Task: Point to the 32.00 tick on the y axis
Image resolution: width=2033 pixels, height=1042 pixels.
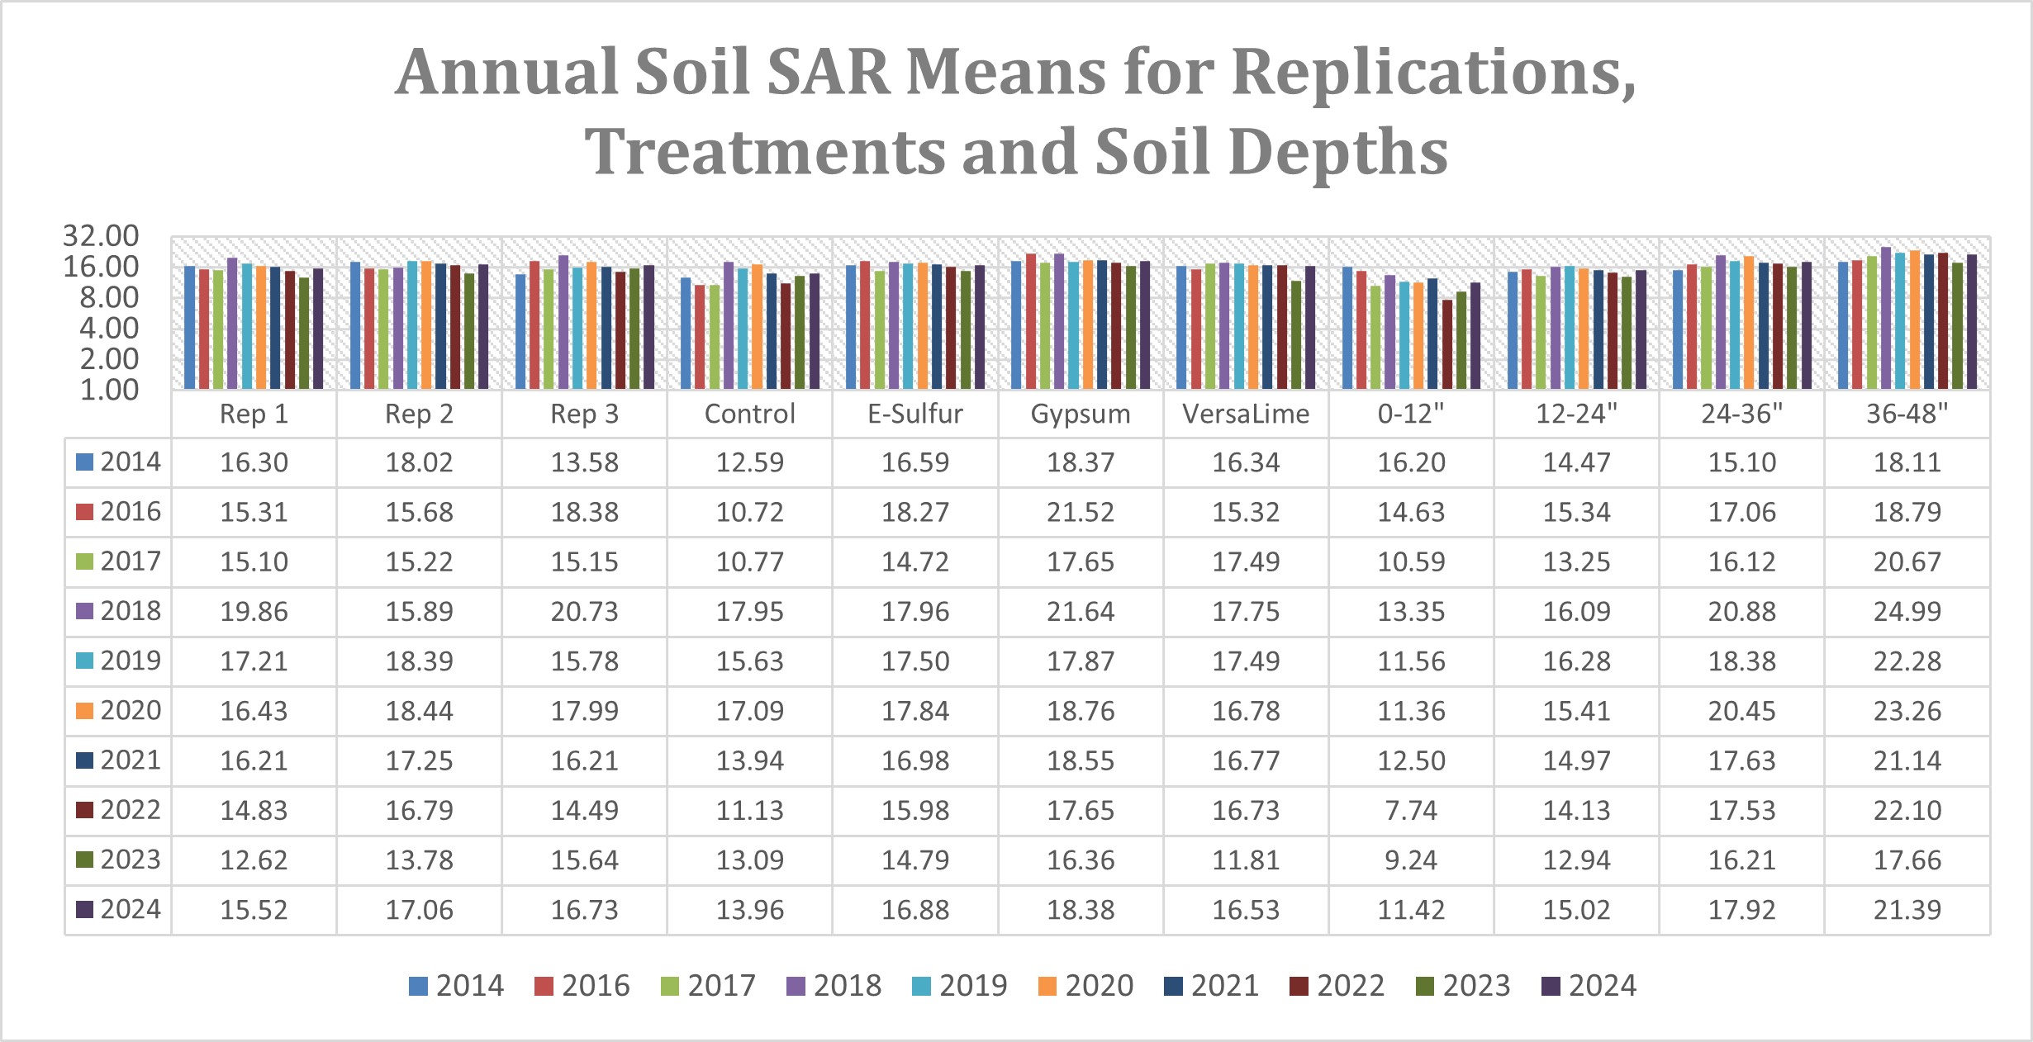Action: click(x=101, y=236)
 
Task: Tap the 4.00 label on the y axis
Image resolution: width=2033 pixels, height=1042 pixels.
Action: click(x=109, y=329)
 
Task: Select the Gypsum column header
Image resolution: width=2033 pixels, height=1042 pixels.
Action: click(x=1081, y=414)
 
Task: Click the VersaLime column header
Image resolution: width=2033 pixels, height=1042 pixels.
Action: click(x=1246, y=414)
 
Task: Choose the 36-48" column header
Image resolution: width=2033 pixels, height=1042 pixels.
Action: click(x=1907, y=414)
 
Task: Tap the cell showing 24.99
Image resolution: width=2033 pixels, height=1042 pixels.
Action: click(x=1907, y=612)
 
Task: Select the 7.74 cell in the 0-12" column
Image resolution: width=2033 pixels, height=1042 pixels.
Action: click(x=1411, y=811)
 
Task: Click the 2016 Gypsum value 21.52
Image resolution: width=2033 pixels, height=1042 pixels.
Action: click(x=1081, y=513)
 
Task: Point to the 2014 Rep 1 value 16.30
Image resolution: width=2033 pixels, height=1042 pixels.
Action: click(x=254, y=462)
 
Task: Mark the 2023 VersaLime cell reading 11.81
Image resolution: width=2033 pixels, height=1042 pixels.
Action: click(x=1246, y=860)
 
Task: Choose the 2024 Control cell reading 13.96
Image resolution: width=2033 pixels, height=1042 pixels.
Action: click(x=750, y=910)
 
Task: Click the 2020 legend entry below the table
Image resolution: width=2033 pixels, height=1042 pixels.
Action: click(x=1085, y=986)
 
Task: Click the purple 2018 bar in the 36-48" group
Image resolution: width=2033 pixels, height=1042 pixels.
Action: click(x=1886, y=318)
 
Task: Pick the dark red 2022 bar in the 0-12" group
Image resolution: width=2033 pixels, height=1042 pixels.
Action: click(x=1447, y=344)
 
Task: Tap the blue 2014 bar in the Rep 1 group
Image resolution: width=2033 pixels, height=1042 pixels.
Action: click(x=190, y=327)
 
